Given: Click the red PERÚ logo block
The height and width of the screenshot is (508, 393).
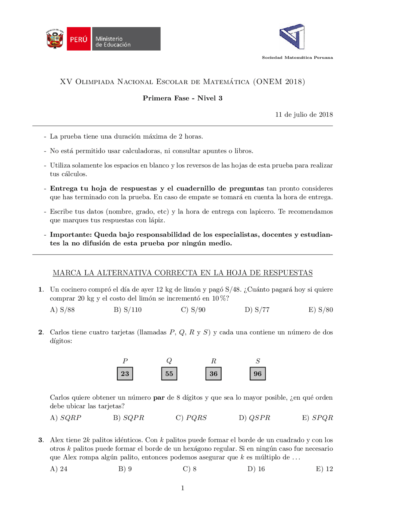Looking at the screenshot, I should pyautogui.click(x=79, y=39).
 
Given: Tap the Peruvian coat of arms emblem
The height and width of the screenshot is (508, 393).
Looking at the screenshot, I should pyautogui.click(x=55, y=39).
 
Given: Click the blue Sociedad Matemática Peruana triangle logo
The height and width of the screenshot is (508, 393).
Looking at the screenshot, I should pyautogui.click(x=292, y=37).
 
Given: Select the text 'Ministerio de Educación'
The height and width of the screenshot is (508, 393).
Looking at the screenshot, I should pyautogui.click(x=113, y=42).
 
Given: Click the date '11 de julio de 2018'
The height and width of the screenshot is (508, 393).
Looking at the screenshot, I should pyautogui.click(x=304, y=115).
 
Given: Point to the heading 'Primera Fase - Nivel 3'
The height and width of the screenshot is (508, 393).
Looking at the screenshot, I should pyautogui.click(x=182, y=98).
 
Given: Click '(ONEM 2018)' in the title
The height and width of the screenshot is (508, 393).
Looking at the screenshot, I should pyautogui.click(x=279, y=82).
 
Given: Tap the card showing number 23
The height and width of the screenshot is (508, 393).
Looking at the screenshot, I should pyautogui.click(x=125, y=373).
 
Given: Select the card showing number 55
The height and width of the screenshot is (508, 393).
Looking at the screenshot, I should pyautogui.click(x=169, y=373).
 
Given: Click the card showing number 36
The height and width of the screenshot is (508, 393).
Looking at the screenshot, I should pyautogui.click(x=213, y=373).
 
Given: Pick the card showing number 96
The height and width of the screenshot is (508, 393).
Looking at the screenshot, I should pyautogui.click(x=258, y=373).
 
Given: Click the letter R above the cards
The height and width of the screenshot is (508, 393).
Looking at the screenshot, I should pyautogui.click(x=213, y=361).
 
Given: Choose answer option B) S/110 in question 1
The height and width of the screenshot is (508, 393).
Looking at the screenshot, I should pyautogui.click(x=128, y=310).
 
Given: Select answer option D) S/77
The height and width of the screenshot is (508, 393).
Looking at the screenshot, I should pyautogui.click(x=257, y=310).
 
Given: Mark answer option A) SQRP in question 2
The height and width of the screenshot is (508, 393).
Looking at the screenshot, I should pyautogui.click(x=66, y=418).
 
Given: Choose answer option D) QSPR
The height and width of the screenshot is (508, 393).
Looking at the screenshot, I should pyautogui.click(x=255, y=418).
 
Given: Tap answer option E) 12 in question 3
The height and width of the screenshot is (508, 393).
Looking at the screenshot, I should pyautogui.click(x=324, y=469).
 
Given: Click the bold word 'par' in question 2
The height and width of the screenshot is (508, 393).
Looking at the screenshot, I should pyautogui.click(x=159, y=398).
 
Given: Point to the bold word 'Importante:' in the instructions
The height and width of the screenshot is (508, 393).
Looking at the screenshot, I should pyautogui.click(x=71, y=235).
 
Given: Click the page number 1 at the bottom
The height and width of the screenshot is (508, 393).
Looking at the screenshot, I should pyautogui.click(x=183, y=488).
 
